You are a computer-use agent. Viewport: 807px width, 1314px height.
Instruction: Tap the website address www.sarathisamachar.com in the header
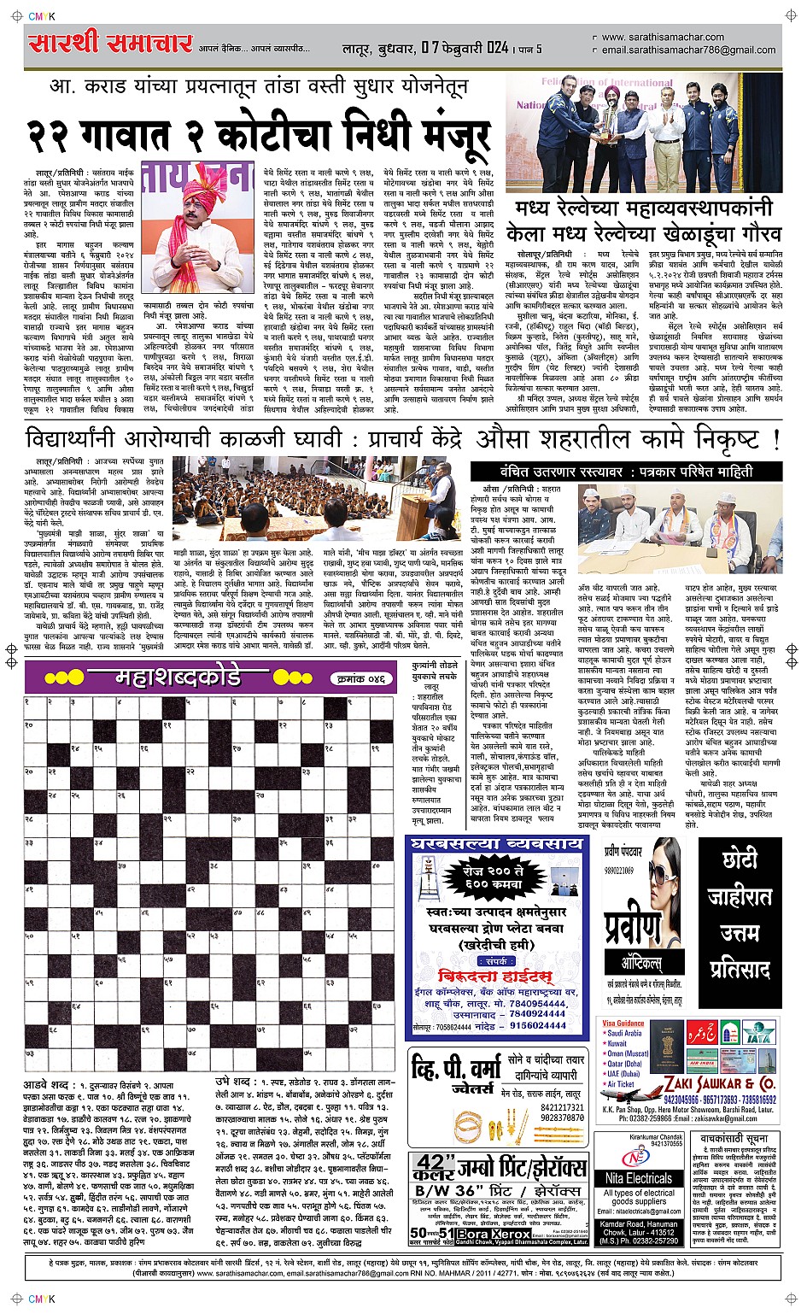tap(662, 38)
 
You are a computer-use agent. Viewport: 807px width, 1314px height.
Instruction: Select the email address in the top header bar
tap(688, 50)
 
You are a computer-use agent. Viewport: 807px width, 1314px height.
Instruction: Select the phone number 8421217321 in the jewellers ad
tap(562, 1107)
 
